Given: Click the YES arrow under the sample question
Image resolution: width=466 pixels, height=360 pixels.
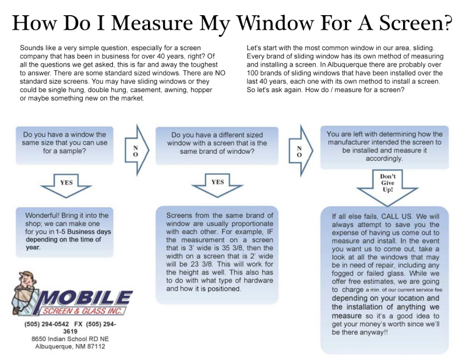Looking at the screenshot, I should (66, 182).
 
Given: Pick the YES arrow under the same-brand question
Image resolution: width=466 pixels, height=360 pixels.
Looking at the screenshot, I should (217, 182).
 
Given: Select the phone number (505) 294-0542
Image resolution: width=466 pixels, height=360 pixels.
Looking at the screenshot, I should (45, 324).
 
